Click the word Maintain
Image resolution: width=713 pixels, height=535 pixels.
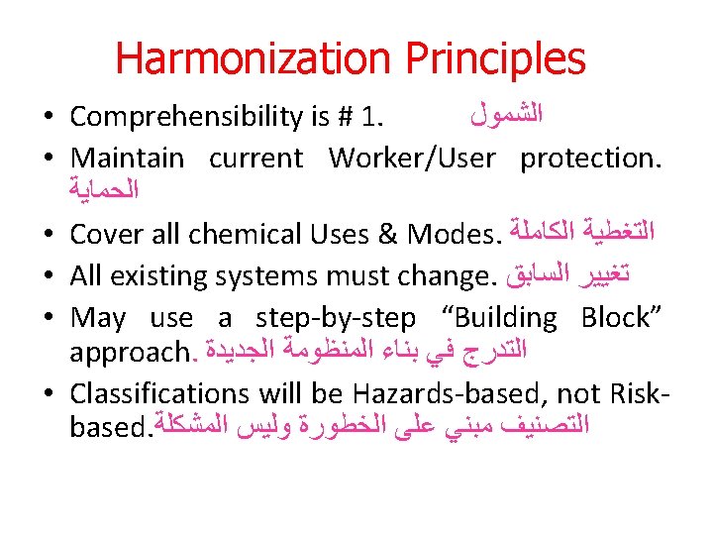point(128,158)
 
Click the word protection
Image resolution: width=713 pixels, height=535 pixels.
point(590,158)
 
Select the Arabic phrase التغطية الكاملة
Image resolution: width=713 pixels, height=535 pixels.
point(578,235)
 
